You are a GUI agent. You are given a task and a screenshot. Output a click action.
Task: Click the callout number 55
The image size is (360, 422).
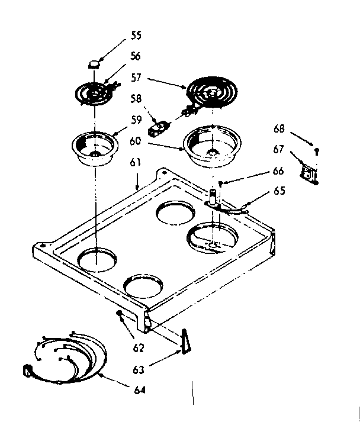136,35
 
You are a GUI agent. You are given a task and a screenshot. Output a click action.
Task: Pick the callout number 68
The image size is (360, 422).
279,128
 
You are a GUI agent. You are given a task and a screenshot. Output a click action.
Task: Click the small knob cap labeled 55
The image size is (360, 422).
94,62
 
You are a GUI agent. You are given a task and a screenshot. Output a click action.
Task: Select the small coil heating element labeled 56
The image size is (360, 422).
94,94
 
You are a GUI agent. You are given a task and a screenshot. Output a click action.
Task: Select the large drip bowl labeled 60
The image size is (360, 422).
212,146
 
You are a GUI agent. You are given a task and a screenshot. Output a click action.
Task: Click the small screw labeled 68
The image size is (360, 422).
317,150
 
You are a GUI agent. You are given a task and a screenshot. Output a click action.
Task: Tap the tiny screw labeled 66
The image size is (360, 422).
221,183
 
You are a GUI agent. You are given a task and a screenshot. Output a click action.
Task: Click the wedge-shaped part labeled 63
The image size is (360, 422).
186,342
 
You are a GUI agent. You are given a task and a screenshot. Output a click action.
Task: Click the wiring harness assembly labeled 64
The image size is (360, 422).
65,356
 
